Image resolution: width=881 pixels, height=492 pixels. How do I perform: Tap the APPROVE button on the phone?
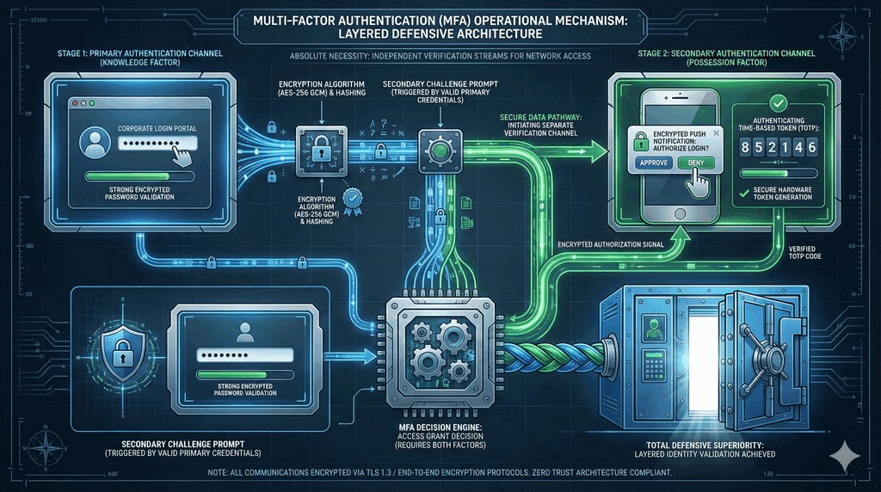[x=653, y=163]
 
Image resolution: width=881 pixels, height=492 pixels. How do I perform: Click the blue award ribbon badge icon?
[x=350, y=203]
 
